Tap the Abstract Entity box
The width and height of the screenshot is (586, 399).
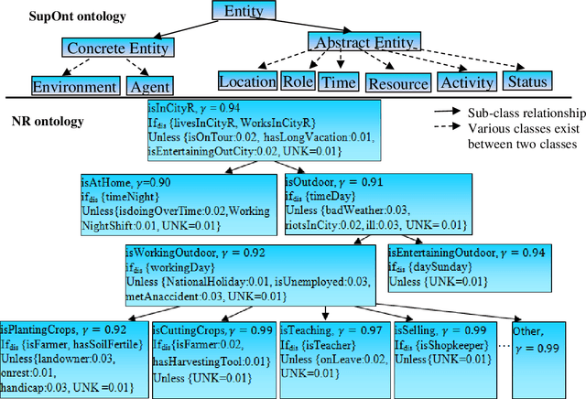364,43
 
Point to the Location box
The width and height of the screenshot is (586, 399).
247,81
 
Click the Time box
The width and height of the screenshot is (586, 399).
338,82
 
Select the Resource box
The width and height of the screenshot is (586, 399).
397,83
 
